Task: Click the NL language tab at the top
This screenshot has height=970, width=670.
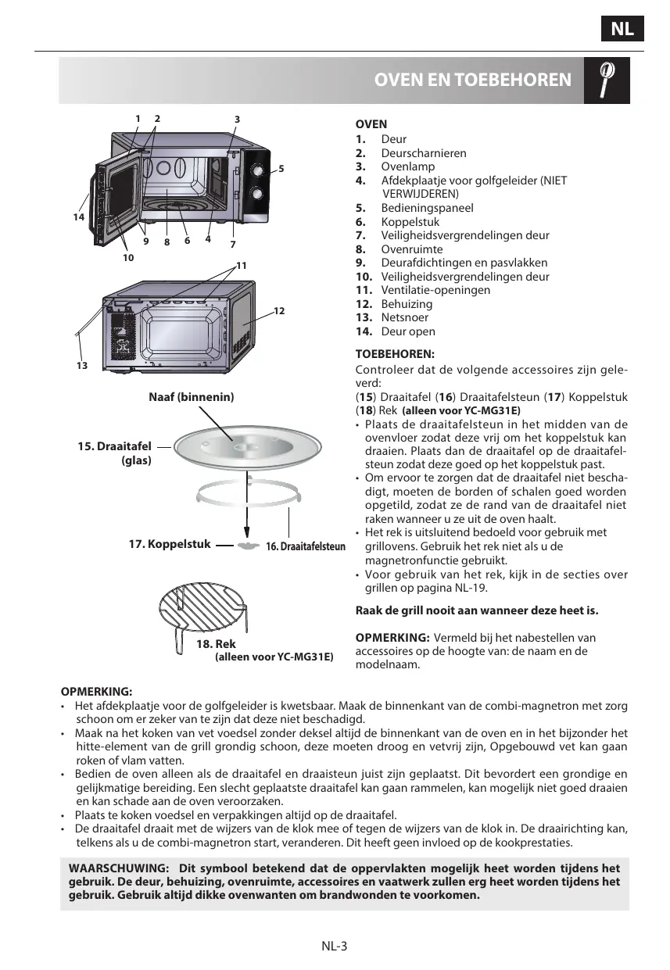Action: [x=622, y=30]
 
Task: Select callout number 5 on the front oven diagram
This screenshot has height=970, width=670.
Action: [x=281, y=169]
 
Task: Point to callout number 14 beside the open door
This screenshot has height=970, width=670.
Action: [x=78, y=217]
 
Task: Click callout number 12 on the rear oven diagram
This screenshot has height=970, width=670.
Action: [x=279, y=311]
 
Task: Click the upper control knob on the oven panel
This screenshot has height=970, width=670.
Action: [x=256, y=171]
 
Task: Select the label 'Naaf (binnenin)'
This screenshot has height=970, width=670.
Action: [x=192, y=397]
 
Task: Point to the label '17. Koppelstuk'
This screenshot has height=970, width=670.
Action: [x=169, y=543]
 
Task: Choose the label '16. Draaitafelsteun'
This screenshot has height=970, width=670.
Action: [x=306, y=546]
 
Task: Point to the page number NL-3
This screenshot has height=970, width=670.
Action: [x=334, y=946]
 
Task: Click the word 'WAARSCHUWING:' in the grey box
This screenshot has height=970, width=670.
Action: [x=119, y=868]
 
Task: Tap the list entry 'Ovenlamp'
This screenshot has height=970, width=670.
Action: [x=407, y=166]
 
